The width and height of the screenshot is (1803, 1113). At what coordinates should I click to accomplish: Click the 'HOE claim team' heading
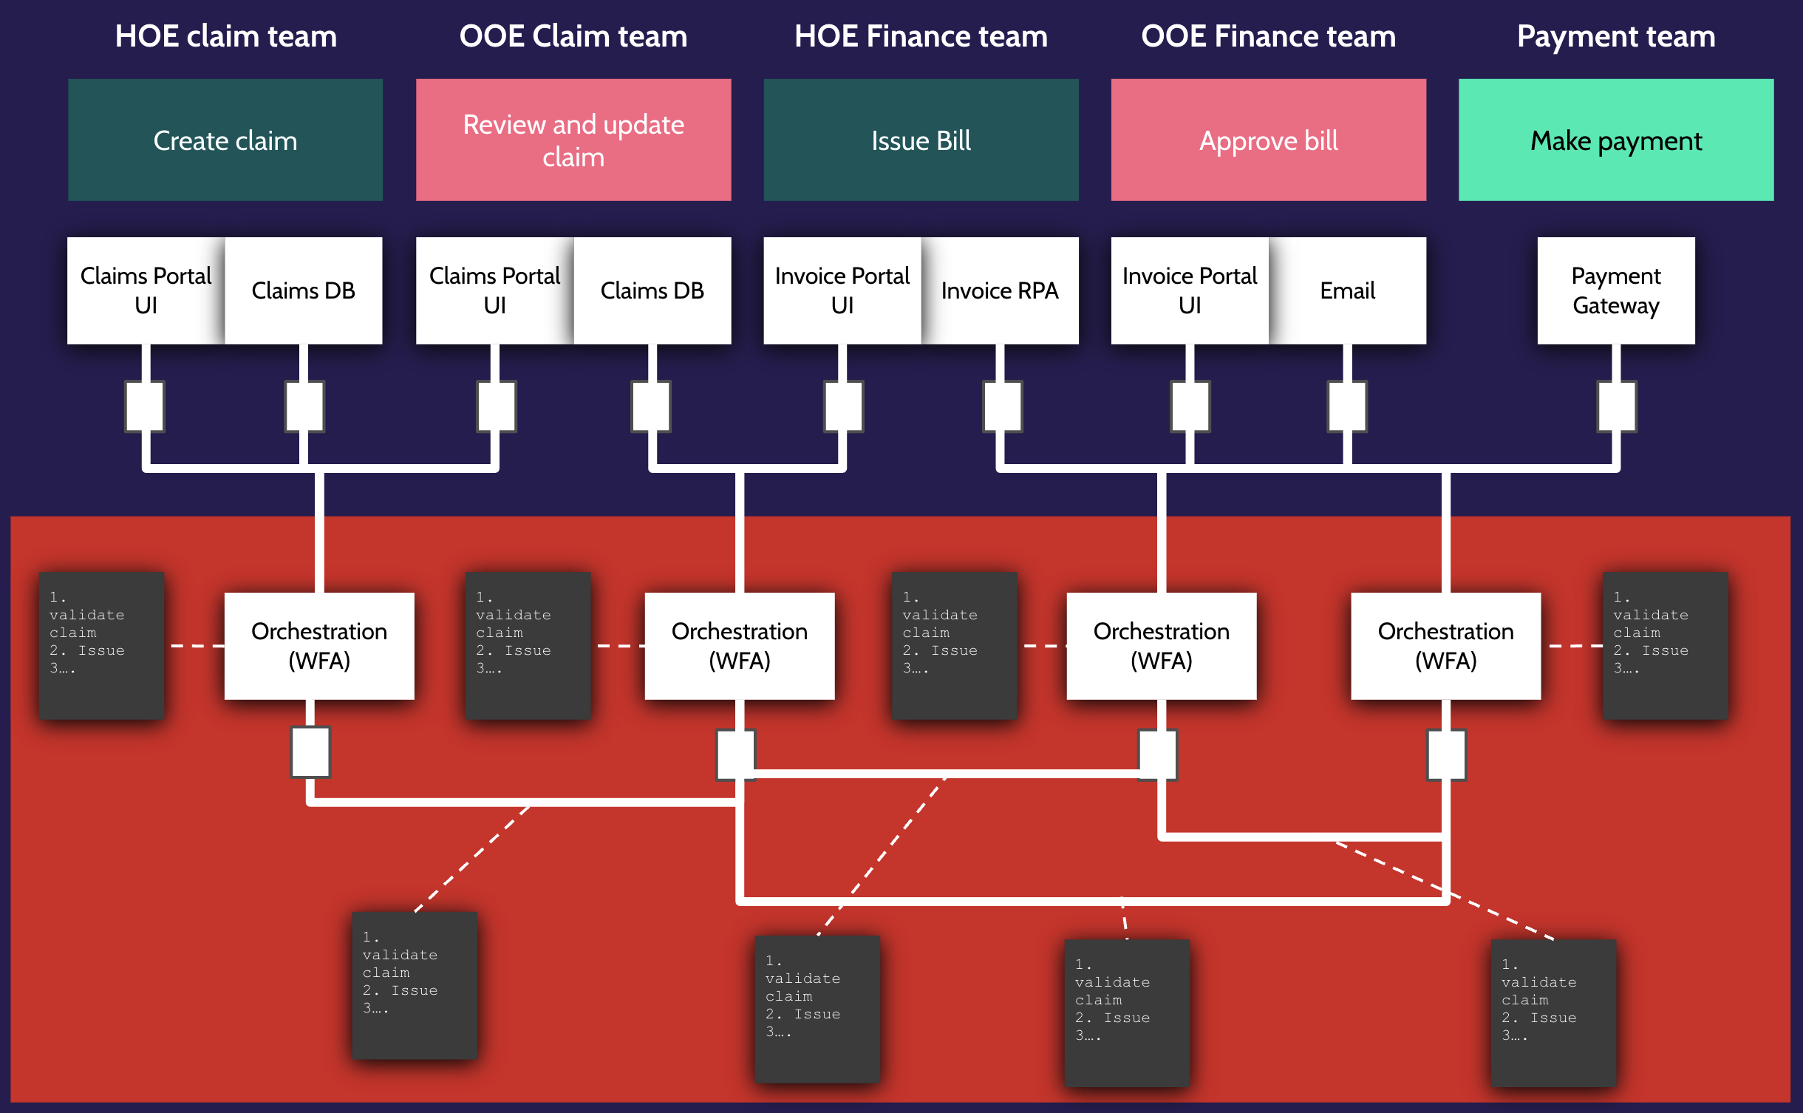(225, 36)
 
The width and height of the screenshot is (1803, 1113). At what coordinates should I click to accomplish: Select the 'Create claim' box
(225, 140)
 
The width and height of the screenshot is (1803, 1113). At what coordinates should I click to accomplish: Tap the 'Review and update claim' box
(573, 140)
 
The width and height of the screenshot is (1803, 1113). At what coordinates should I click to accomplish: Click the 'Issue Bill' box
(921, 140)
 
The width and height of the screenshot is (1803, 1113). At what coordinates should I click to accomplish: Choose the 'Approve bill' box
(1268, 140)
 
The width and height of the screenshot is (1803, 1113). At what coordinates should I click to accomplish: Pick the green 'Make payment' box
(1616, 140)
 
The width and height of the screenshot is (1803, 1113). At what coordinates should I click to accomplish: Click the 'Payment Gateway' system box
(1616, 290)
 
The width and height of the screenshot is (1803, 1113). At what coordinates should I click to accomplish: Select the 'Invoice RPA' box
(1000, 290)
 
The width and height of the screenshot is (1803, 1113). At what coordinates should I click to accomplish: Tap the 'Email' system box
(1348, 290)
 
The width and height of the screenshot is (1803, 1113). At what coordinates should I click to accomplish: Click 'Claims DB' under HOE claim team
(303, 290)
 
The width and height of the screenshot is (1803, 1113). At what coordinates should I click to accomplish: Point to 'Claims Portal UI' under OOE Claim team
(494, 290)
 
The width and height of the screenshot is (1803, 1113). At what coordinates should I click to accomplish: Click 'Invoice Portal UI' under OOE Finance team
(1190, 290)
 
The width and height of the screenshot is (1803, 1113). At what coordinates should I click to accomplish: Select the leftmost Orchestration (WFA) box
(319, 646)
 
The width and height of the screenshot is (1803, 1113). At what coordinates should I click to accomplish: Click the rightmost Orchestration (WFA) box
(1445, 646)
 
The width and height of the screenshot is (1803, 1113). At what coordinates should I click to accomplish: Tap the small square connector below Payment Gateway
(1616, 406)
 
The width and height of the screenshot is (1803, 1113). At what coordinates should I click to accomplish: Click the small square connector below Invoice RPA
(1003, 406)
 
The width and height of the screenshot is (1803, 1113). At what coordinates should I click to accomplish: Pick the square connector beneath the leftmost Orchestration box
(310, 752)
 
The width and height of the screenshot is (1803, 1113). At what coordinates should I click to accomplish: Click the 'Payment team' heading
(1616, 36)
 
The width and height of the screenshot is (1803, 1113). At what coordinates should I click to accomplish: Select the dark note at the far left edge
(101, 645)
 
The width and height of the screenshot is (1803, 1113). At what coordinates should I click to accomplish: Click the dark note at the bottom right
(1553, 1012)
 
